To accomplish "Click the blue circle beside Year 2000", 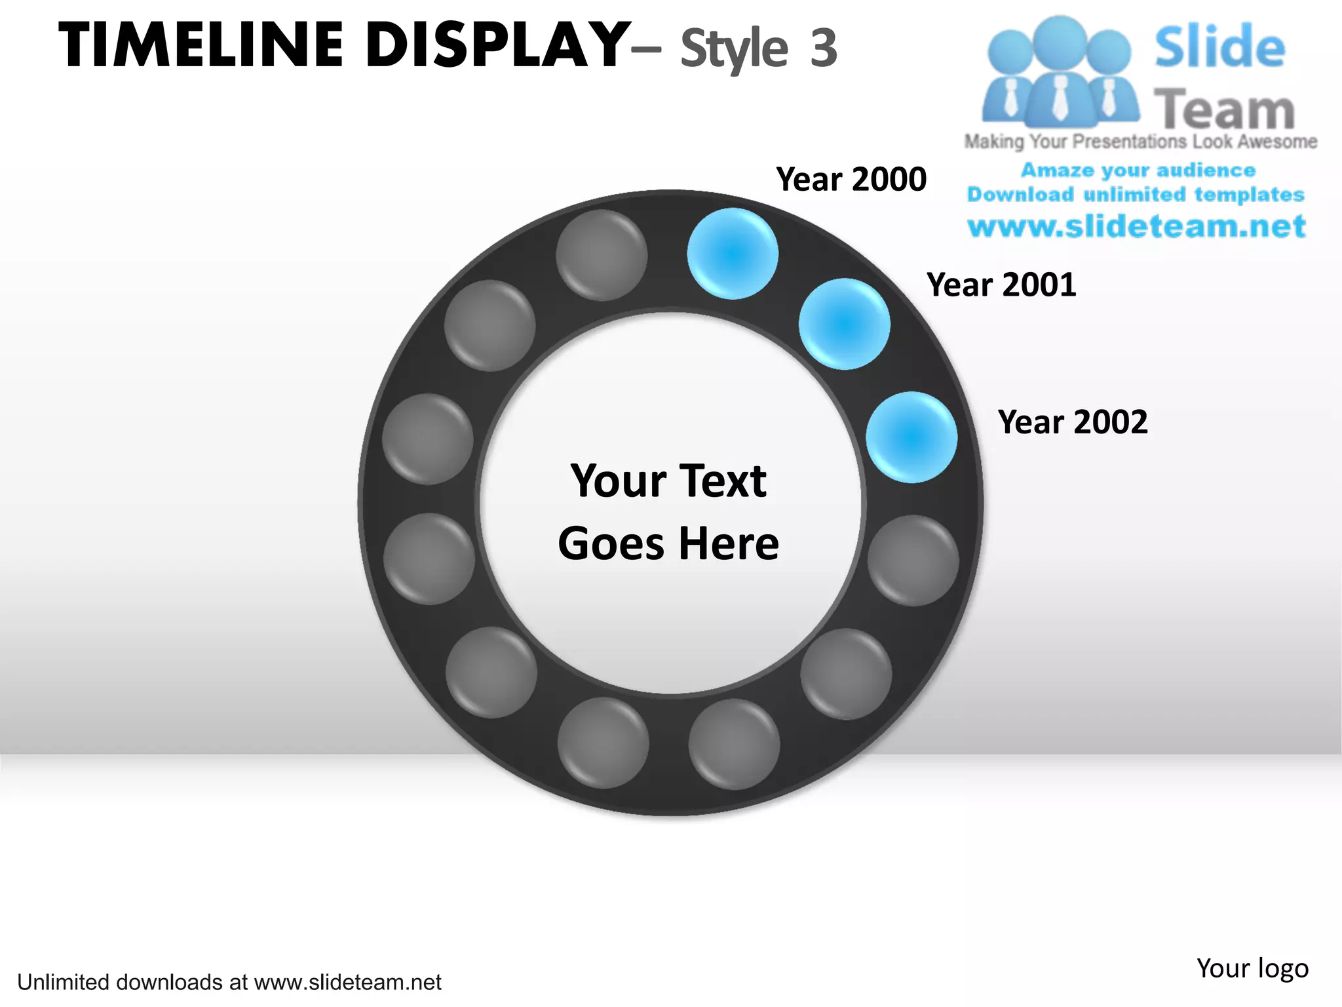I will pos(733,254).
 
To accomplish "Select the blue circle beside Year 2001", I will pos(844,324).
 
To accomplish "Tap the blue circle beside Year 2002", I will pos(911,437).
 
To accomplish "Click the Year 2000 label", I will pos(851,179).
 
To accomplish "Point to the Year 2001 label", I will pos(1001,285).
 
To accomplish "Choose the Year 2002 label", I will pos(1073,422).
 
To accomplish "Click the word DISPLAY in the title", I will pos(498,46).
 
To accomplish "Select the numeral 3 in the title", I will pos(823,48).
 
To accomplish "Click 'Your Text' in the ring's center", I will pos(668,481).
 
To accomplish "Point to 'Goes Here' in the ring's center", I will pos(668,543).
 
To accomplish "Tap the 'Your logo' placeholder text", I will pos(1252,968).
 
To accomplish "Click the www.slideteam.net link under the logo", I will pos(1137,227).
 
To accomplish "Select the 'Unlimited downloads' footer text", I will pos(229,982).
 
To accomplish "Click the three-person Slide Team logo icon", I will pos(1060,72).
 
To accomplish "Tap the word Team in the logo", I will pos(1224,109).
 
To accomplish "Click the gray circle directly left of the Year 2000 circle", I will pos(602,255).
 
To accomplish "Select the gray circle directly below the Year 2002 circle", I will pos(913,561).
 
